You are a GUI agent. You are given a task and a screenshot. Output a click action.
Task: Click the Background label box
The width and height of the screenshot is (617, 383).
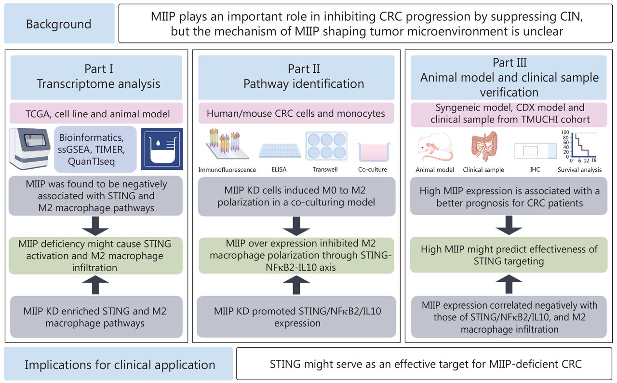(59, 24)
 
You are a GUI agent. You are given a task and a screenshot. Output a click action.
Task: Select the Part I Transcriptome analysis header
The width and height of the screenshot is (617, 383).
(98, 77)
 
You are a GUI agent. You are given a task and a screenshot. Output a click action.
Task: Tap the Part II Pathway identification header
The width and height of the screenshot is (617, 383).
(303, 77)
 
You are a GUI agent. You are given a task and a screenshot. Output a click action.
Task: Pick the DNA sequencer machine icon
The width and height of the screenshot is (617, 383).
(29, 149)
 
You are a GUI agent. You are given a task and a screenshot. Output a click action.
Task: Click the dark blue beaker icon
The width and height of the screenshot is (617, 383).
(162, 149)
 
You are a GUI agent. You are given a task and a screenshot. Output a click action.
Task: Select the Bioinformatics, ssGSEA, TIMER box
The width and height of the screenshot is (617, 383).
(95, 149)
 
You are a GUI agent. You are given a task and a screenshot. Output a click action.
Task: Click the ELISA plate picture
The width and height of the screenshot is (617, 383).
(280, 151)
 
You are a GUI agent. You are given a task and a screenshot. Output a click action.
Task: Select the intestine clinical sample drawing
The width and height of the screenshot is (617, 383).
(483, 145)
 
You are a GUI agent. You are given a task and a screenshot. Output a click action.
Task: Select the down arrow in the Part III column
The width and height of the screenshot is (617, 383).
(509, 225)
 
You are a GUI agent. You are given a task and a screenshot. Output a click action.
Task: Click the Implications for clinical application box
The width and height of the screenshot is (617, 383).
(120, 364)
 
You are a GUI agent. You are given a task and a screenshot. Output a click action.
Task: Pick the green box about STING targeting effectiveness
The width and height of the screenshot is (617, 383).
(509, 255)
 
